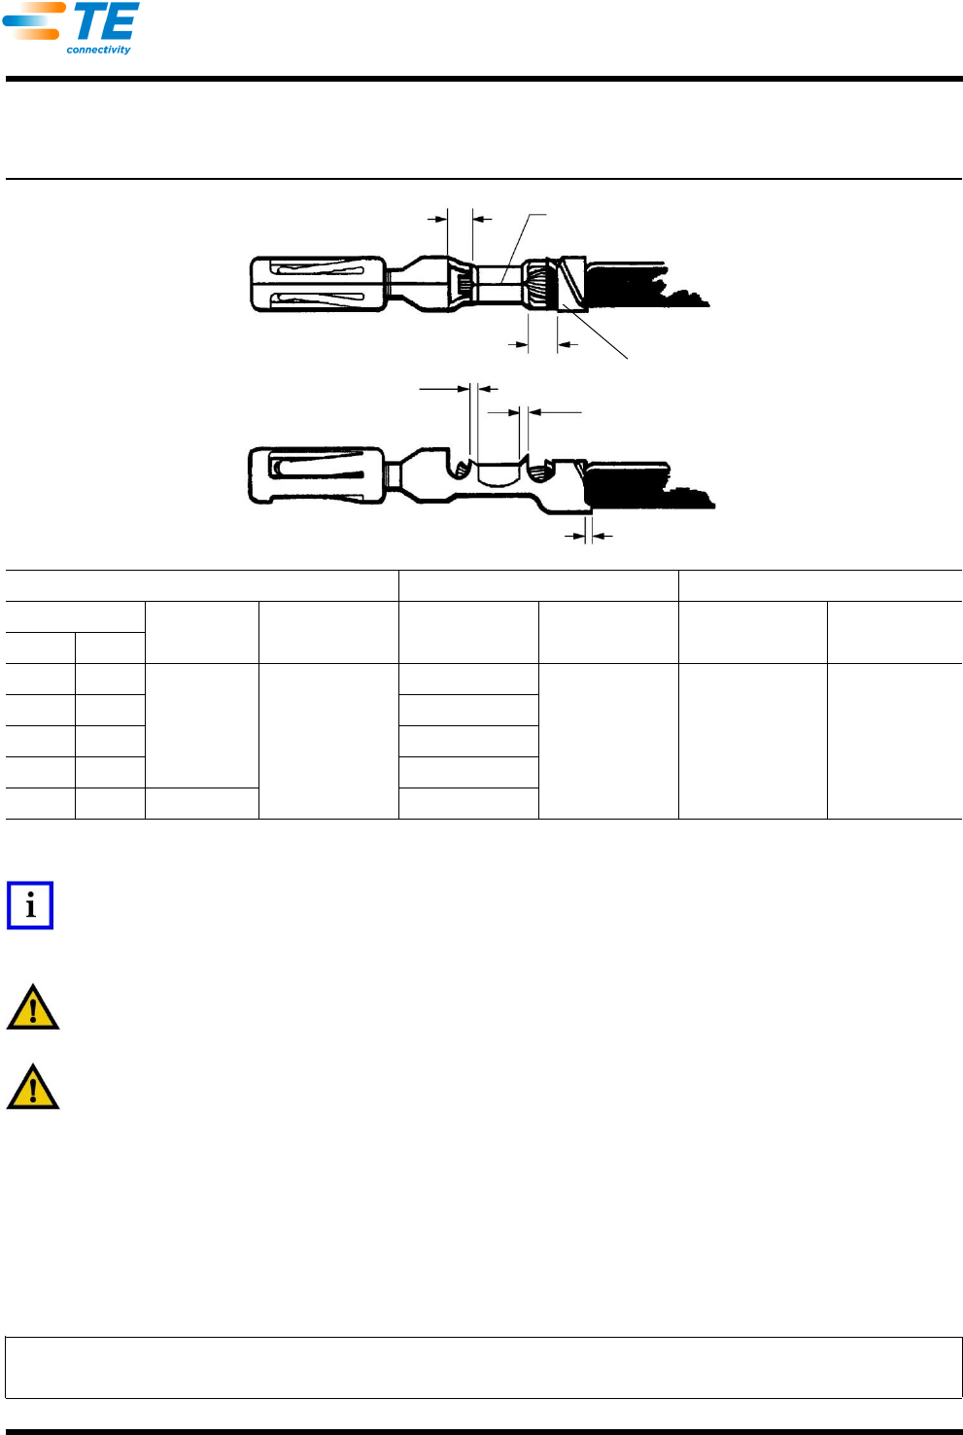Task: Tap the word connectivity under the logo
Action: pyautogui.click(x=98, y=50)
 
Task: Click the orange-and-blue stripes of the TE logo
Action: pyautogui.click(x=33, y=20)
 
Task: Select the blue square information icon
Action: pyautogui.click(x=30, y=905)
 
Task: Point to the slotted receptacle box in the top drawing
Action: pyautogui.click(x=318, y=285)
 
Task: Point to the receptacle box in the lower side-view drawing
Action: pyautogui.click(x=317, y=475)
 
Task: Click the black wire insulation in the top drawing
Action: pyautogui.click(x=646, y=285)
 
